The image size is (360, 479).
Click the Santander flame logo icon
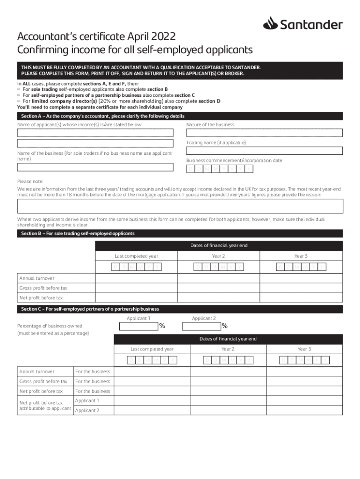point(270,23)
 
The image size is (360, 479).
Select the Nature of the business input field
point(264,133)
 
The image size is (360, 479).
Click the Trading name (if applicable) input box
point(264,151)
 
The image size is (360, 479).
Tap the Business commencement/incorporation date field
point(220,169)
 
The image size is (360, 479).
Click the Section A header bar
point(180,116)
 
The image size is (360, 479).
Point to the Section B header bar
point(180,233)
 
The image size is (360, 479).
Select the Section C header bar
point(180,309)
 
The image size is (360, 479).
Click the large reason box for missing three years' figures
point(180,206)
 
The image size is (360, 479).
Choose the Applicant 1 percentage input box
point(142,326)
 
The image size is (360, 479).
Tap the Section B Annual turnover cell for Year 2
point(218,278)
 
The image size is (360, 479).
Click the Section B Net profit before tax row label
point(41,298)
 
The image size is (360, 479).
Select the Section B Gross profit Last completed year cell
point(137,288)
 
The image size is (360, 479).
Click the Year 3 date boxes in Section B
point(301,267)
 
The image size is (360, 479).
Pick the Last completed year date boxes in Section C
point(152,360)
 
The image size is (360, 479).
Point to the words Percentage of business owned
point(50,326)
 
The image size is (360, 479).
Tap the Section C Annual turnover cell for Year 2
point(228,371)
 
